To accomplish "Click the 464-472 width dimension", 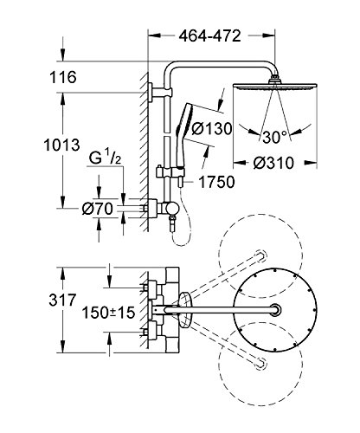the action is [x=209, y=36].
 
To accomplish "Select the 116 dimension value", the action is [x=63, y=77].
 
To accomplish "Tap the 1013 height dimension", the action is [x=61, y=145].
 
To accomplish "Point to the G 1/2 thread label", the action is [x=105, y=158].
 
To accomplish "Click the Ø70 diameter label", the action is [x=97, y=209].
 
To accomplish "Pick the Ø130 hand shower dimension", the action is [x=212, y=128].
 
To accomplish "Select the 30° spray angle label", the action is [x=275, y=137].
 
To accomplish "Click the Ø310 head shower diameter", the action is [x=273, y=163].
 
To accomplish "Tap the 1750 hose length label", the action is [x=216, y=182].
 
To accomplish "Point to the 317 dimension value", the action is [x=62, y=300].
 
